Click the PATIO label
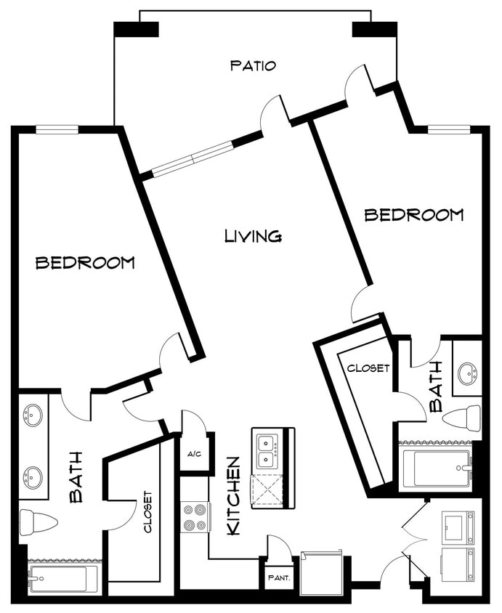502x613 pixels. (253, 66)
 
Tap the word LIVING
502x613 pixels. (253, 236)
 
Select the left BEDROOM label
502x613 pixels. (85, 263)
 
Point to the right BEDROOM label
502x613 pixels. (413, 215)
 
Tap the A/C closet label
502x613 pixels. (194, 455)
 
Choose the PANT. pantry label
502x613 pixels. (278, 578)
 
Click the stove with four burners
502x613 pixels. (195, 516)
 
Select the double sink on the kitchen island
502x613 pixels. (265, 450)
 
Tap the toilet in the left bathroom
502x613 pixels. (38, 522)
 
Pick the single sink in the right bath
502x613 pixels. (467, 374)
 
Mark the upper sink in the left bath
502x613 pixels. (33, 415)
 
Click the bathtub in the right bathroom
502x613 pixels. (435, 468)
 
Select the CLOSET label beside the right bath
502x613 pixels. (368, 368)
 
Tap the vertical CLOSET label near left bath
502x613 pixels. (147, 512)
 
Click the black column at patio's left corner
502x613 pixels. (136, 30)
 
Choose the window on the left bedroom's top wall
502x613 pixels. (57, 130)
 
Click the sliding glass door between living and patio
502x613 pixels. (193, 159)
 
